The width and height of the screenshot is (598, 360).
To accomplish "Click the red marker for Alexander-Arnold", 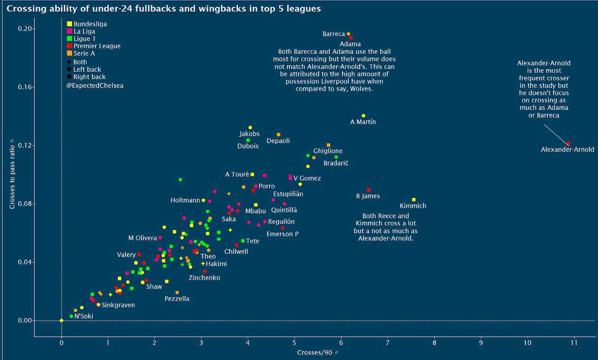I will tap(568, 144).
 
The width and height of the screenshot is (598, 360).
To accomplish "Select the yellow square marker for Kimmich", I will tap(414, 200).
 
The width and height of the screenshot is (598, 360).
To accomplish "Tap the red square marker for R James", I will tap(369, 190).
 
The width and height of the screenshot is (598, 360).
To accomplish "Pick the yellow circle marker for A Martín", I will tap(363, 116).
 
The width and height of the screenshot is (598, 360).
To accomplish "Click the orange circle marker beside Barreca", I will tap(348, 34).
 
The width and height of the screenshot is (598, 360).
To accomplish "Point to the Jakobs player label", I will tap(249, 134).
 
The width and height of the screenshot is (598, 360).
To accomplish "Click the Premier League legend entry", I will tap(97, 46).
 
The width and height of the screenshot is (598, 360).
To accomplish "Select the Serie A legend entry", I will tap(84, 53).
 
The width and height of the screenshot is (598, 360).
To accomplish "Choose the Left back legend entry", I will tap(87, 70).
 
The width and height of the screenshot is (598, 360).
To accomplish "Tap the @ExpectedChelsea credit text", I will tap(95, 86).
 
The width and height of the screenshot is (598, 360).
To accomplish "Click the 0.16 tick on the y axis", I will tap(25, 87).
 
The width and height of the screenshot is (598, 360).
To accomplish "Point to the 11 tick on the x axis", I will tap(574, 343).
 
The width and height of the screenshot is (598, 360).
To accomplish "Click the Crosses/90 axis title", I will tap(314, 353).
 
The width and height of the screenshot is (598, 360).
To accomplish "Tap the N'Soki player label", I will tap(84, 316).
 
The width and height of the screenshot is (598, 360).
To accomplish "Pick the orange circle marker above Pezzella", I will tap(177, 293).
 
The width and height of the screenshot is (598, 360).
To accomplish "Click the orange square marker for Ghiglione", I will tap(329, 145).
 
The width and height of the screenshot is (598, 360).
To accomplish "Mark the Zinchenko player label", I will tap(204, 278).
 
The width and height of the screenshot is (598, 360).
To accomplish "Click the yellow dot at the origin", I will tap(62, 320).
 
